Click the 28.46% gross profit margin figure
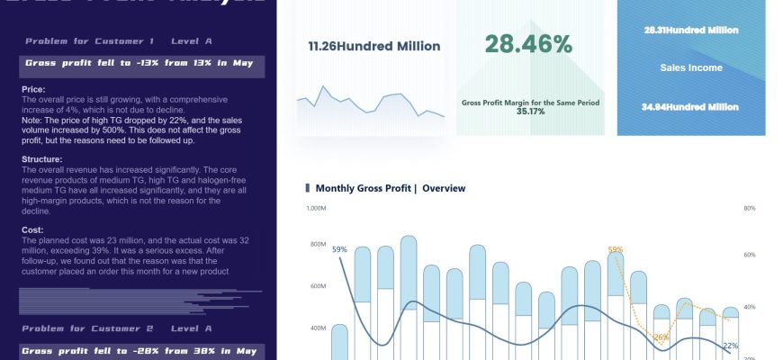tap(529, 44)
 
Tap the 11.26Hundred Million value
tap(374, 46)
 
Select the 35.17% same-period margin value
tap(530, 112)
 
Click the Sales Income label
tap(691, 67)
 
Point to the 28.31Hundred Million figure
tap(691, 30)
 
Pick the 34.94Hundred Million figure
tap(691, 107)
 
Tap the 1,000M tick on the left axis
tap(316, 208)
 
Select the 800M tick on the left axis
tap(318, 245)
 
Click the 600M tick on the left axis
tap(318, 286)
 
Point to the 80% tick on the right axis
tap(750, 208)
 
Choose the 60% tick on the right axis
tap(750, 256)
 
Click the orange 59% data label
tap(616, 250)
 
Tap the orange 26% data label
tap(661, 337)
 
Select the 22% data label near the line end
tap(730, 346)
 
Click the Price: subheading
tap(33, 90)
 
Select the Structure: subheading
tap(41, 159)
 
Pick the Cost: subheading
tap(32, 229)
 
